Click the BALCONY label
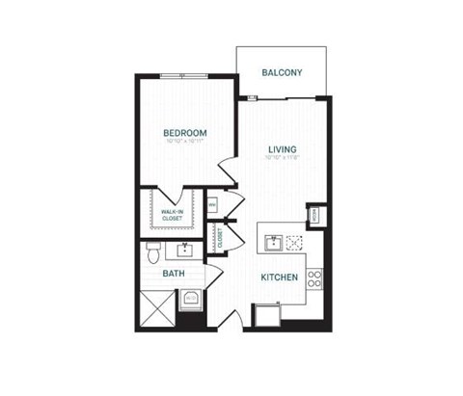(x=283, y=72)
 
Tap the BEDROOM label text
(x=185, y=132)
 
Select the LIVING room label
(x=282, y=149)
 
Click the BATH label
(x=174, y=274)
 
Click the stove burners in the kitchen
(x=314, y=280)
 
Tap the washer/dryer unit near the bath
(x=191, y=297)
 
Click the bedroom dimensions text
(x=185, y=143)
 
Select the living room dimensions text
(x=282, y=160)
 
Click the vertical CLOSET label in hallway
(x=220, y=238)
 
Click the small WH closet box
(x=213, y=204)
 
